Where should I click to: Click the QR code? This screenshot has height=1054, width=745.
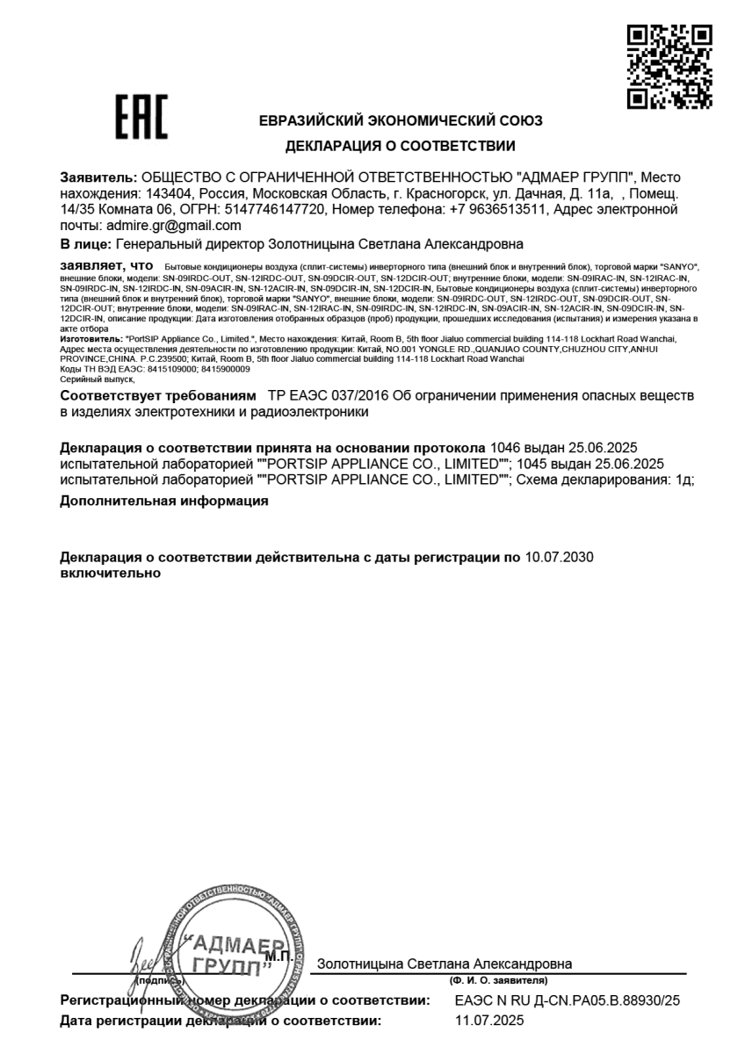pyautogui.click(x=669, y=67)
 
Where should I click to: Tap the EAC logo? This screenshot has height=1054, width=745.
pyautogui.click(x=141, y=120)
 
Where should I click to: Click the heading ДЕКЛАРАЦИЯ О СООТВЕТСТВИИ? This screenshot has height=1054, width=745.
pyautogui.click(x=400, y=146)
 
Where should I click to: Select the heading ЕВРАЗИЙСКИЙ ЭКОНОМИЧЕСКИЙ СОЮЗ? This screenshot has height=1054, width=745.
pyautogui.click(x=401, y=121)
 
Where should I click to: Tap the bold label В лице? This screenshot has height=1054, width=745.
pyautogui.click(x=85, y=243)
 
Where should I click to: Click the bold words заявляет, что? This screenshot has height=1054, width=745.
pyautogui.click(x=106, y=264)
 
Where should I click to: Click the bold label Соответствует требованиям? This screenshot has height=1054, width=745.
pyautogui.click(x=159, y=395)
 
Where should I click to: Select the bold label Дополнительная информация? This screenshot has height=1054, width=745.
pyautogui.click(x=163, y=502)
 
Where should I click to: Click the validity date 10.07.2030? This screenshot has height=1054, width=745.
pyautogui.click(x=560, y=558)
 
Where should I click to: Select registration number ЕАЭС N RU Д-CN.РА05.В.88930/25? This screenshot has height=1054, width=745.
pyautogui.click(x=568, y=1000)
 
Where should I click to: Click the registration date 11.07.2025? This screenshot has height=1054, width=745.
pyautogui.click(x=489, y=1021)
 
